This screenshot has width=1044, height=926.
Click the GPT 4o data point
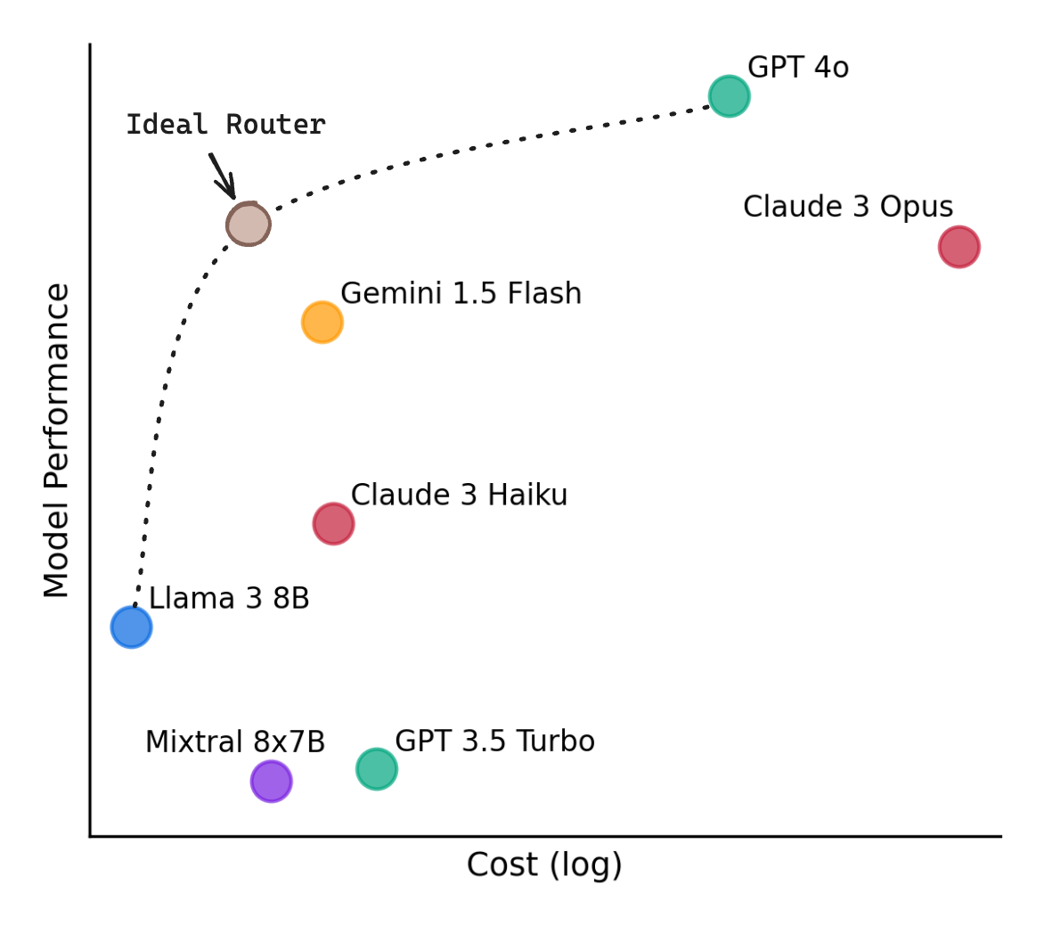click(729, 96)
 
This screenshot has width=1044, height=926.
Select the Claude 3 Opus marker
click(958, 247)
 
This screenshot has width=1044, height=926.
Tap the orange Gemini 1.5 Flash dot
click(322, 322)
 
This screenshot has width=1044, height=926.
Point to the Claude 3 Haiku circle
click(333, 523)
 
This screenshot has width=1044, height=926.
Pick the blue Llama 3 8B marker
click(131, 627)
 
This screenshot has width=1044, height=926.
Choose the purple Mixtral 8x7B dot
click(271, 782)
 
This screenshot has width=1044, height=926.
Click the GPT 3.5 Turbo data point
click(376, 769)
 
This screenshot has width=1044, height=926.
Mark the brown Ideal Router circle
click(248, 224)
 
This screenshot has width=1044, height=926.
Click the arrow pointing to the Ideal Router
click(223, 176)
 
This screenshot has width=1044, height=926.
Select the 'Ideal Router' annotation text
click(225, 125)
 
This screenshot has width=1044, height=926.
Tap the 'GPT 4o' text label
click(797, 68)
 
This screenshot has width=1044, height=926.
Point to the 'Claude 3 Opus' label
click(847, 207)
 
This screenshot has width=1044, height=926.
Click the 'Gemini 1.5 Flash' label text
click(461, 294)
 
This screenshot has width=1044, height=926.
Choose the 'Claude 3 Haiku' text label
click(459, 496)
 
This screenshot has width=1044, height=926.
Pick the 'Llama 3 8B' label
click(229, 599)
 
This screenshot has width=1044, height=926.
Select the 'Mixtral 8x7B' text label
click(235, 742)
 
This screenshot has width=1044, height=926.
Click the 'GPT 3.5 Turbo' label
click(494, 742)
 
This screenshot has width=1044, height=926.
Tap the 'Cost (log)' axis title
click(544, 865)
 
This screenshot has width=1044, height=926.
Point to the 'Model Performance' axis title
click(57, 440)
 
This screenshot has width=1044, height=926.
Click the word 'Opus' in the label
click(917, 208)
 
